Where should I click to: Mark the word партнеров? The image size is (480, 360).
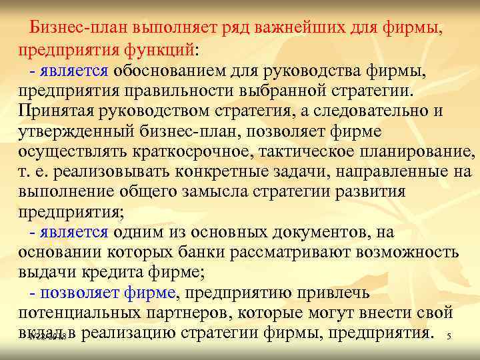[x=194, y=312]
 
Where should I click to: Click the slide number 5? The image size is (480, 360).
[x=449, y=338]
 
